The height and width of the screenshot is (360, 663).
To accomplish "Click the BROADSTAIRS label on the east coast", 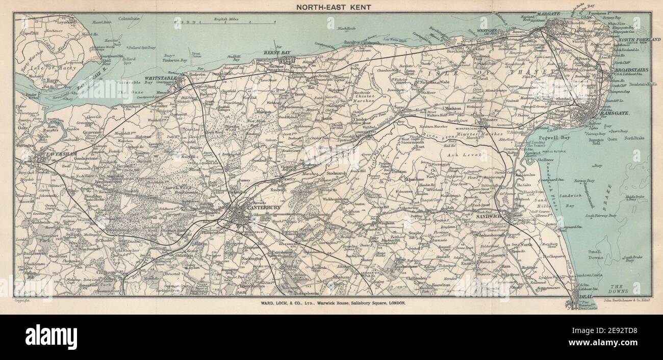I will coord(630,70).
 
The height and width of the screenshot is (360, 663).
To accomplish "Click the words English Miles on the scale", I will coord(227,18).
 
